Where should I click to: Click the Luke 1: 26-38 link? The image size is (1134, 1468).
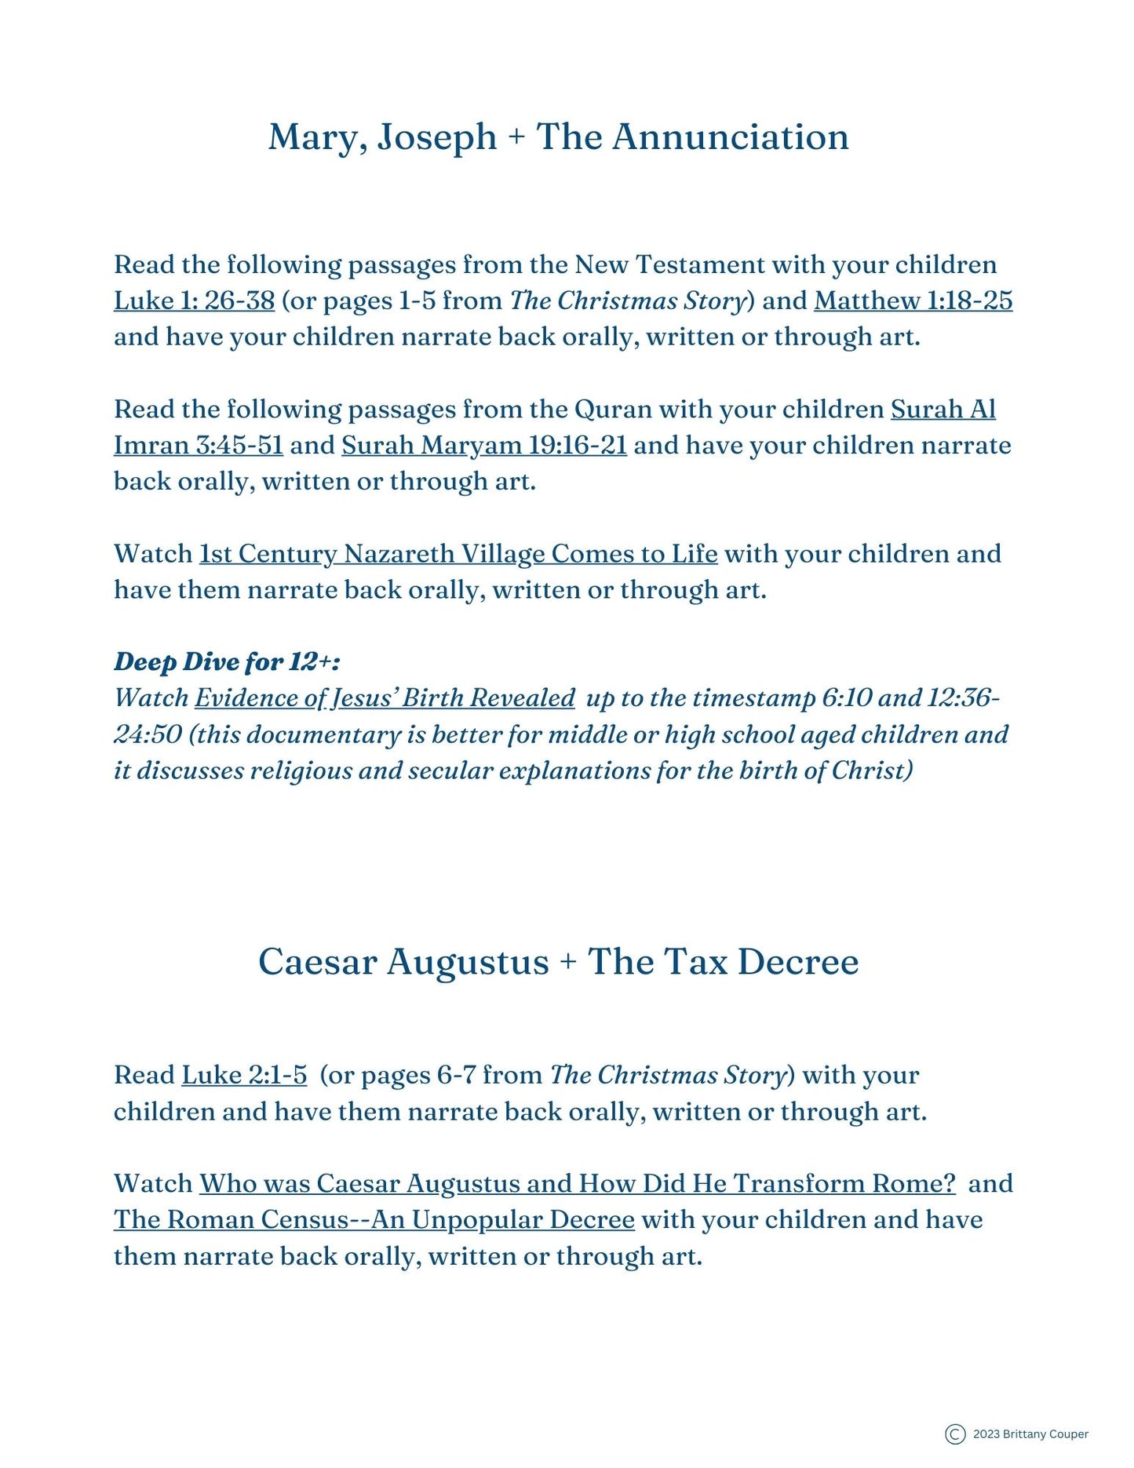tap(194, 301)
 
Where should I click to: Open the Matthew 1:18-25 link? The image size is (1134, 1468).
tap(913, 301)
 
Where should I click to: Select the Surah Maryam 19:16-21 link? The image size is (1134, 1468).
tap(483, 445)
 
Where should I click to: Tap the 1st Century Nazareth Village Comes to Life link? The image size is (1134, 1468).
tap(458, 554)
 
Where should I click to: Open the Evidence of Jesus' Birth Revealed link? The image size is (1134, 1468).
tap(385, 698)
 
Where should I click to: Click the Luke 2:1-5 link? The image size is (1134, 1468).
tap(244, 1075)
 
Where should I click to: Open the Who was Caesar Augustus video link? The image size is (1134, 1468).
tap(577, 1183)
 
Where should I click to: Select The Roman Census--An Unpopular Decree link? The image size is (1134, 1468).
tap(374, 1219)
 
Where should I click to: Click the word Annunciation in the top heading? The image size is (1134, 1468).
tap(730, 137)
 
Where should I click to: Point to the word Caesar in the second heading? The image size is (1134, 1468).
tap(317, 962)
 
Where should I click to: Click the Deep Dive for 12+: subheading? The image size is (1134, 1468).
tap(227, 661)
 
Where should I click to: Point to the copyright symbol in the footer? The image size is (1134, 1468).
tap(955, 1434)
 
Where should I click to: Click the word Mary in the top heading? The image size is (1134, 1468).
tap(317, 137)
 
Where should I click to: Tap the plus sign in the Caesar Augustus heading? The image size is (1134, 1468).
tap(568, 963)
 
